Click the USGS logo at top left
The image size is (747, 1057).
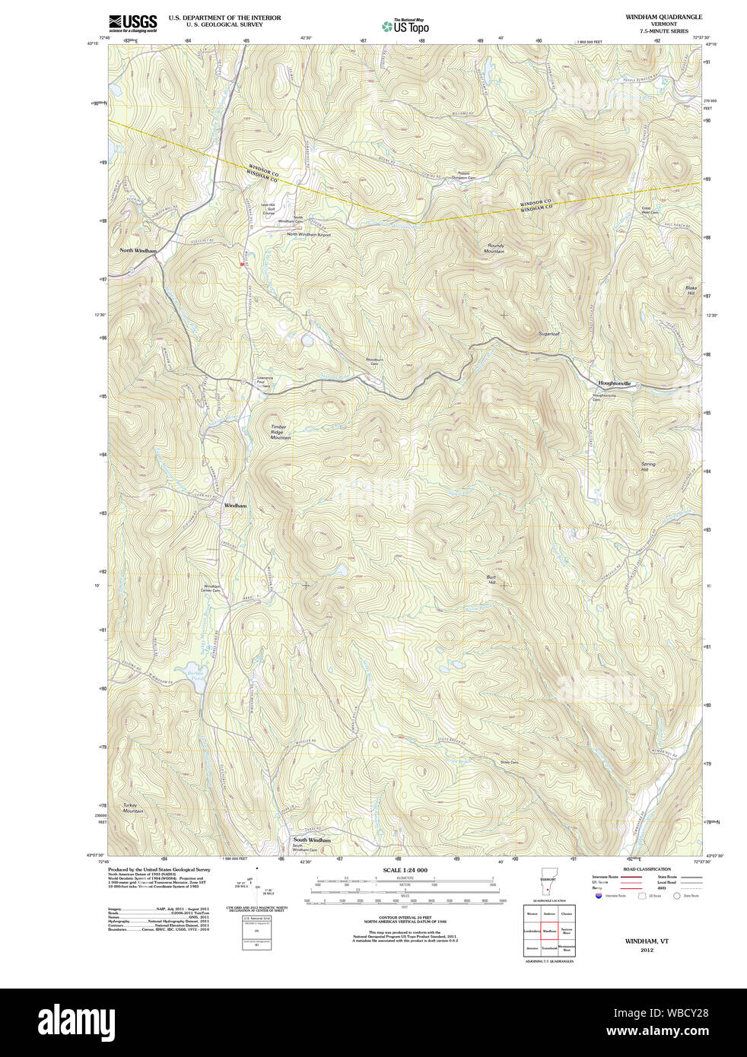pos(132,22)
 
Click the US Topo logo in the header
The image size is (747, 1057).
pos(405,27)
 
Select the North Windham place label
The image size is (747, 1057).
pos(138,250)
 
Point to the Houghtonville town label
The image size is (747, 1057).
pos(615,384)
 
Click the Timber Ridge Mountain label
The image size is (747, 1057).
pos(280,432)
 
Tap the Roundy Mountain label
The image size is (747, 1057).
pos(495,249)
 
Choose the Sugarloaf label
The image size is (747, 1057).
pos(548,334)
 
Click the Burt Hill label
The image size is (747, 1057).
pos(491,579)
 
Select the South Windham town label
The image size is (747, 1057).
pos(312,840)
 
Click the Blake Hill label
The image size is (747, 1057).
pos(691,290)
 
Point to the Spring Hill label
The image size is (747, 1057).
pos(647,466)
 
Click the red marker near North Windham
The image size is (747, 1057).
pos(241,264)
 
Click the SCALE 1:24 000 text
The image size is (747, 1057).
pos(405,870)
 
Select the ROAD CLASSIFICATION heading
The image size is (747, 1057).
pos(647,868)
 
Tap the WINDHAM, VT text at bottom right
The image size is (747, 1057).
pos(647,941)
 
